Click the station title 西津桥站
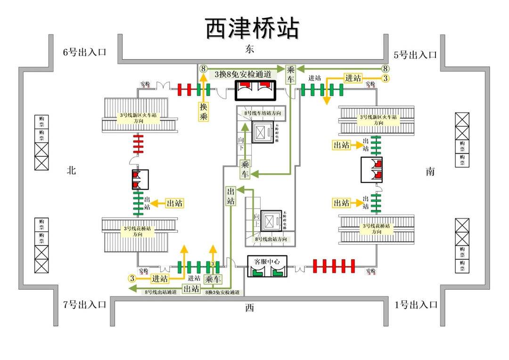[x=252, y=28]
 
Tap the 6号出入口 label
[x=85, y=52]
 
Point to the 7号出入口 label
[x=85, y=304]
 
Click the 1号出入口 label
[x=416, y=304]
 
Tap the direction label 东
[x=250, y=49]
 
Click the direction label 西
[x=249, y=308]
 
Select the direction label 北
[x=71, y=171]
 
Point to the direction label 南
[x=430, y=172]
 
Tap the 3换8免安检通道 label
[x=243, y=74]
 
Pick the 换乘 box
[x=204, y=112]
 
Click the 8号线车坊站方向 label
[x=265, y=114]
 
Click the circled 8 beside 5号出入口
[x=385, y=68]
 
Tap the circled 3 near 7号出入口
[x=132, y=278]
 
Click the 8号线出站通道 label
[x=161, y=293]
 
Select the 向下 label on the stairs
[x=241, y=144]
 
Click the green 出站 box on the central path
[x=231, y=196]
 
